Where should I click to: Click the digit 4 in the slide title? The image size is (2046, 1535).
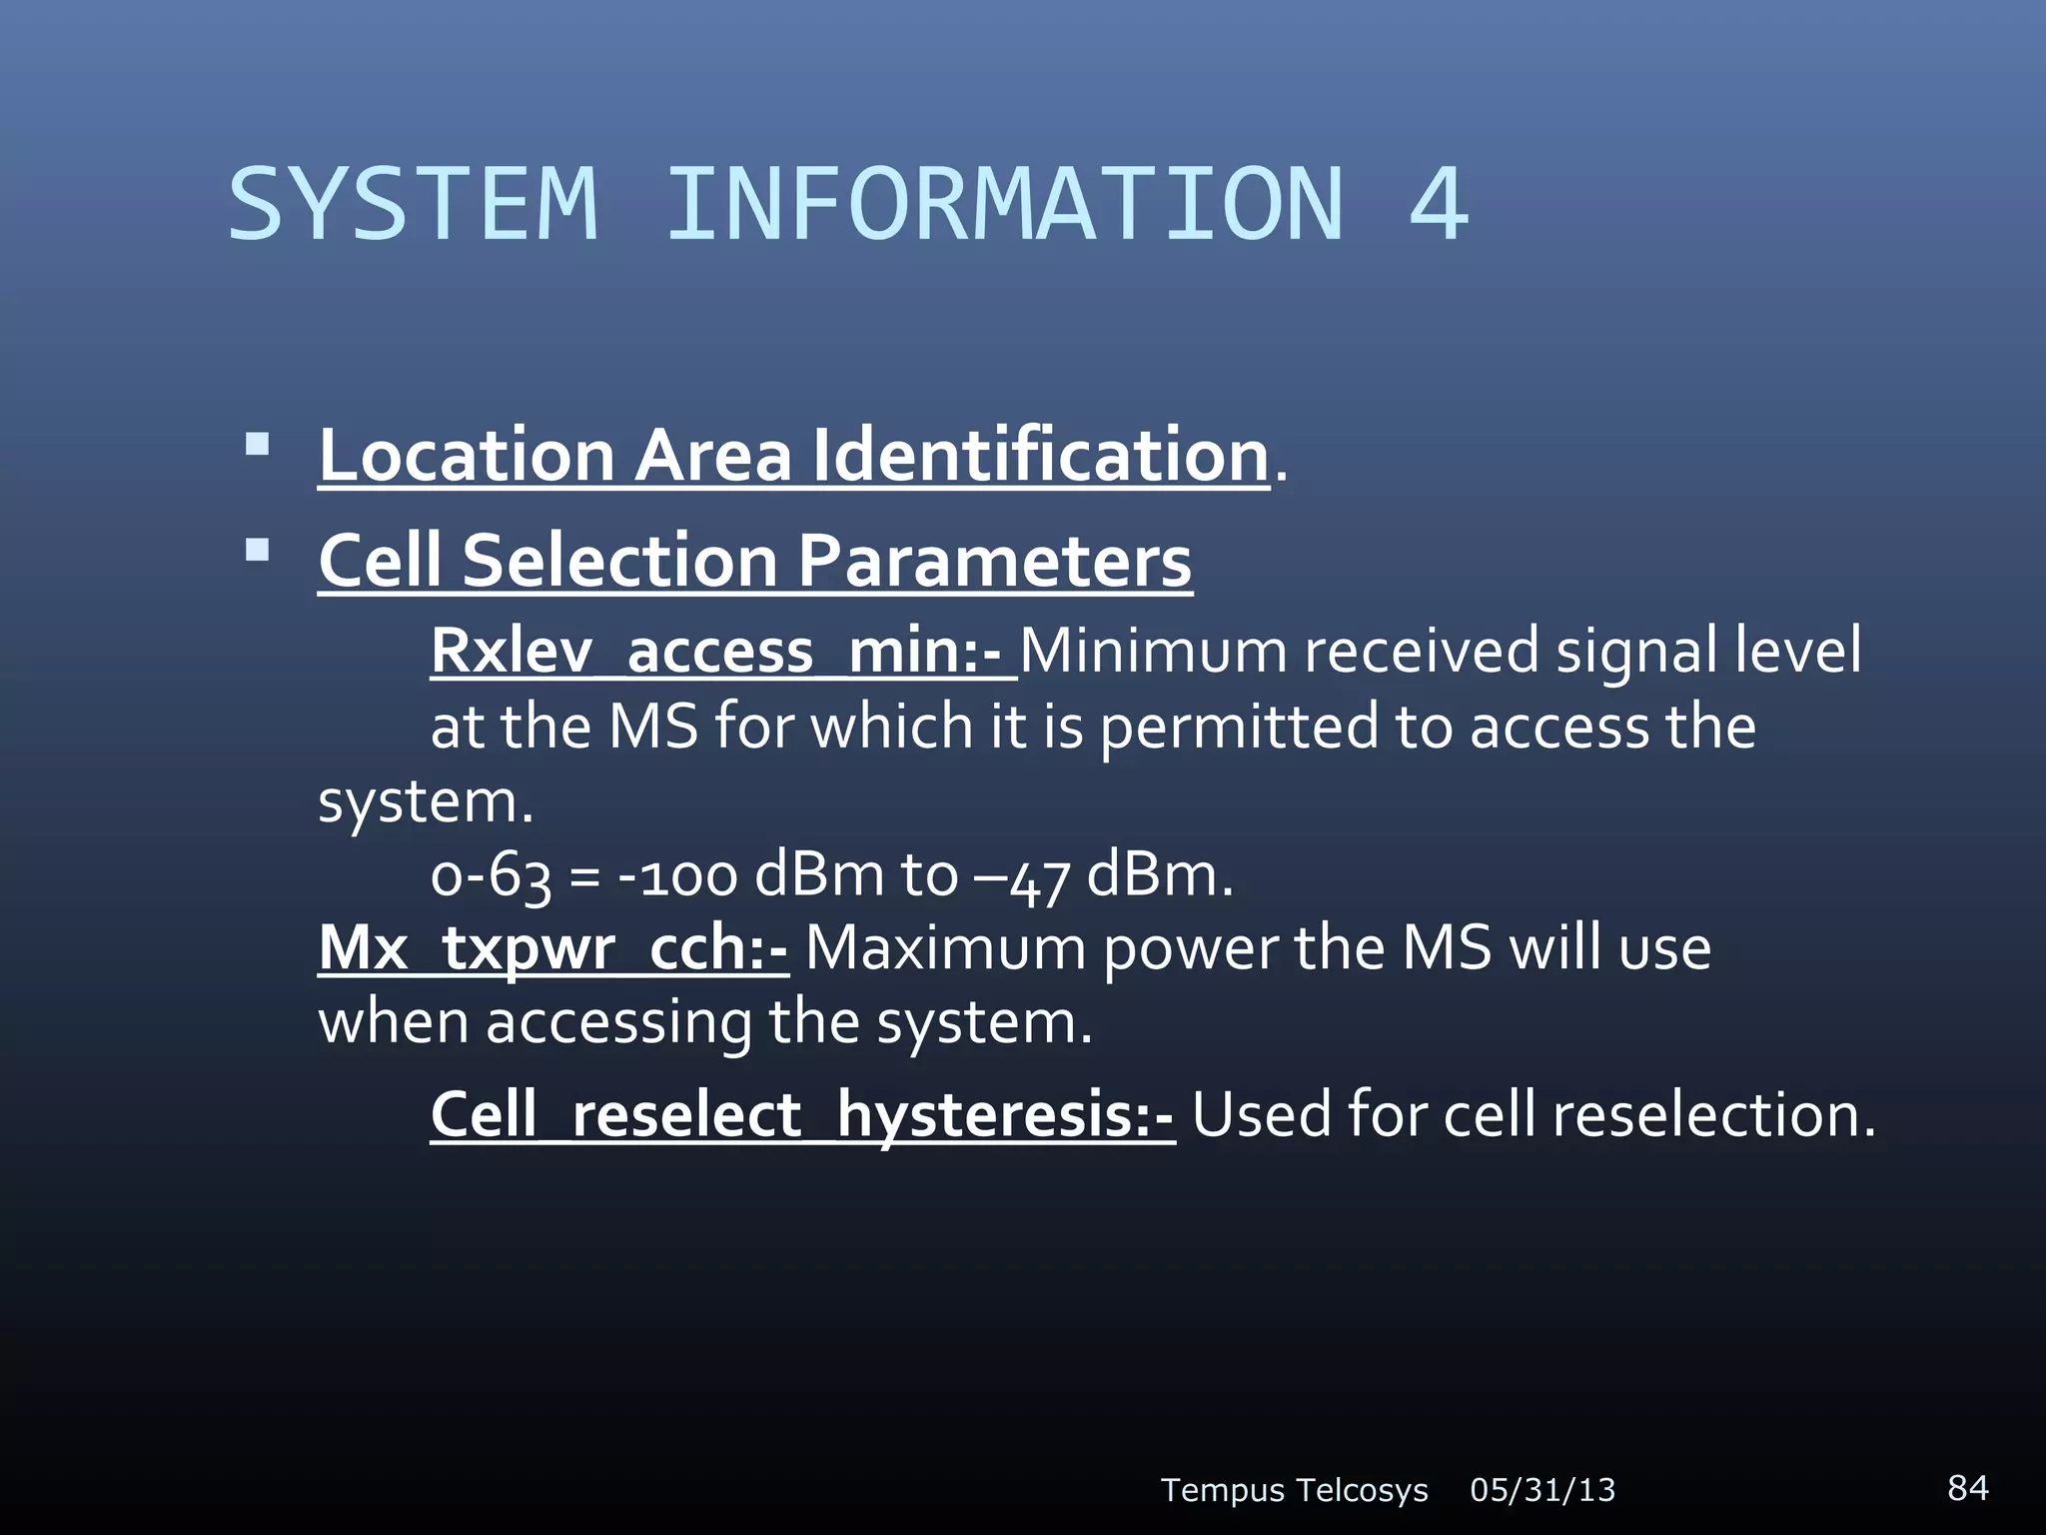click(1438, 205)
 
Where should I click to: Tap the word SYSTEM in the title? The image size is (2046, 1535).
click(414, 205)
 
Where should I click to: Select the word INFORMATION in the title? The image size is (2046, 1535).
click(1004, 205)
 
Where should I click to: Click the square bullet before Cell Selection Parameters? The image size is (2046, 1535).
click(257, 550)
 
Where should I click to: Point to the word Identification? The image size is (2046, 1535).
click(1039, 455)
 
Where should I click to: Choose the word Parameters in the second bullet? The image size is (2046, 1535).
click(994, 561)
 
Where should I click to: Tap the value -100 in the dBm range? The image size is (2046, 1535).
click(677, 876)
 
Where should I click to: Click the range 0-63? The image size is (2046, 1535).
click(491, 876)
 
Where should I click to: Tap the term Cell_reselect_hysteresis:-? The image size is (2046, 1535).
click(802, 1114)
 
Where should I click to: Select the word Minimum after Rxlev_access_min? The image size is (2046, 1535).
click(1155, 651)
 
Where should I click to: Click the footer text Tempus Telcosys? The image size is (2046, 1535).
click(1294, 1490)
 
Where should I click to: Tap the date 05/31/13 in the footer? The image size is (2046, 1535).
click(1541, 1490)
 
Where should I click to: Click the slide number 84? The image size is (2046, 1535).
click(1967, 1487)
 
